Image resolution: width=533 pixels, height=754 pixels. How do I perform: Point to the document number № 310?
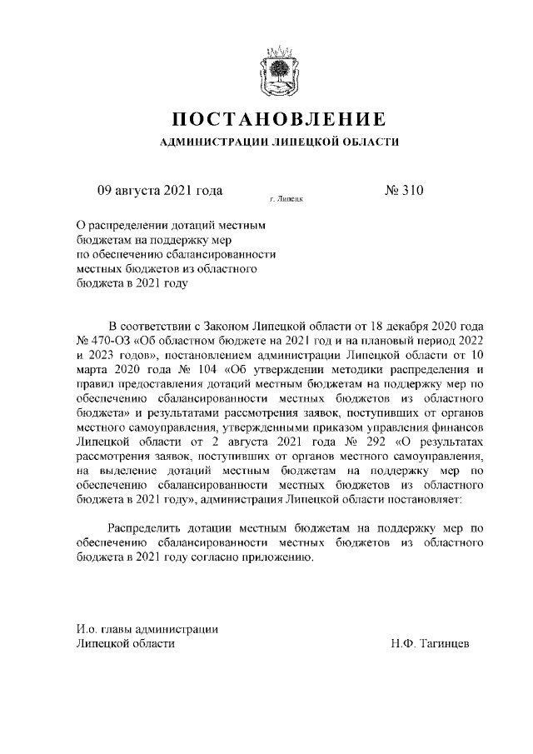coord(404,191)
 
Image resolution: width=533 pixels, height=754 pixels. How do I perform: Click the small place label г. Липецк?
coord(285,201)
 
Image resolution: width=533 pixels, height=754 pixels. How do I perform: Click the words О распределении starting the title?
coord(122,224)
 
